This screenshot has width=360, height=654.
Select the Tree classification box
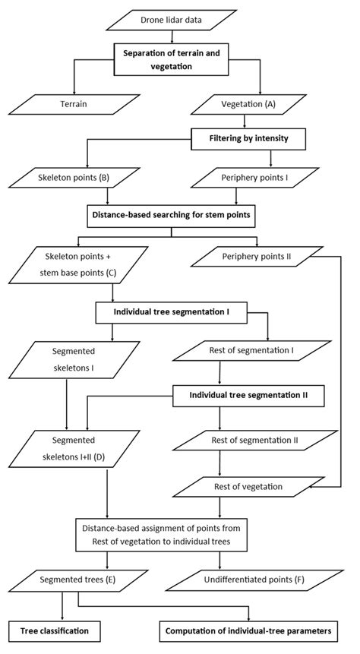pos(55,630)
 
